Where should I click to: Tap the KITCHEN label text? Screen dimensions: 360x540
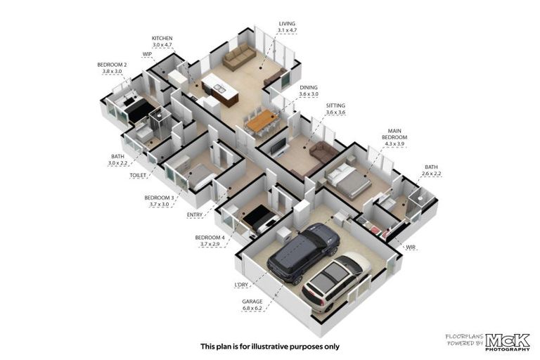[x=162, y=38]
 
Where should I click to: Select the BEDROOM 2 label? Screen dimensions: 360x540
[x=112, y=65]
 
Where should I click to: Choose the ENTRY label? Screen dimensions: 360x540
[x=195, y=214]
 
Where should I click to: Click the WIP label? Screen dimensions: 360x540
[x=147, y=53]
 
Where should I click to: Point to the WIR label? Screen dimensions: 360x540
[x=411, y=247]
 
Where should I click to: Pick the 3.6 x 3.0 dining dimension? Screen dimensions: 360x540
[x=309, y=94]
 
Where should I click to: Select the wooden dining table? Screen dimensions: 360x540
[x=262, y=122]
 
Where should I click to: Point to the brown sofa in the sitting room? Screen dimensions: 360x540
[x=324, y=150]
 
